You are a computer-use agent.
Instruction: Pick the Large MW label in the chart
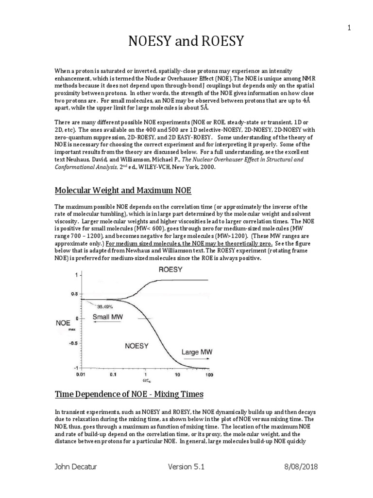(x=198, y=351)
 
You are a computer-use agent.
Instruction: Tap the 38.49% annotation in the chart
(x=107, y=307)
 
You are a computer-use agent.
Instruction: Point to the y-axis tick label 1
(x=75, y=275)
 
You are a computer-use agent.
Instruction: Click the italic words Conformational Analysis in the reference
(x=86, y=166)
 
